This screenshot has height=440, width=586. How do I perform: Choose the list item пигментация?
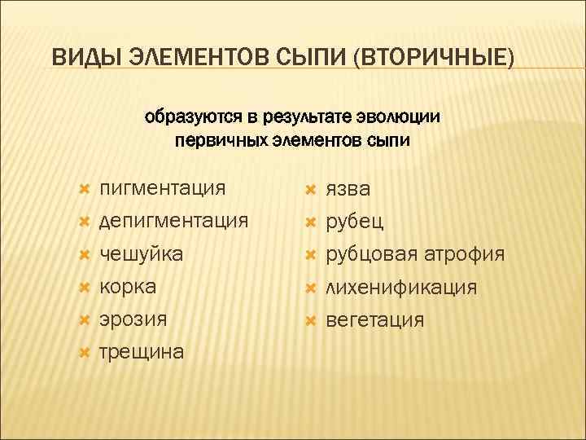[162, 189]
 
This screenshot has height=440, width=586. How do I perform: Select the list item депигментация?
[173, 222]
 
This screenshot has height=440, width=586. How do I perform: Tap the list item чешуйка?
[141, 254]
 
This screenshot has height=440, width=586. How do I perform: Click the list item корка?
[128, 287]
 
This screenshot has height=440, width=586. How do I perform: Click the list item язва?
[348, 189]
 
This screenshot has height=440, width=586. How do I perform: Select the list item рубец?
[355, 222]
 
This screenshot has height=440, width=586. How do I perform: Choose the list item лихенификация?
[401, 287]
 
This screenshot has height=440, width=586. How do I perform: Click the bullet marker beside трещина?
[82, 352]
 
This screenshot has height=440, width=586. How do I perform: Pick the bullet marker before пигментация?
[82, 189]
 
